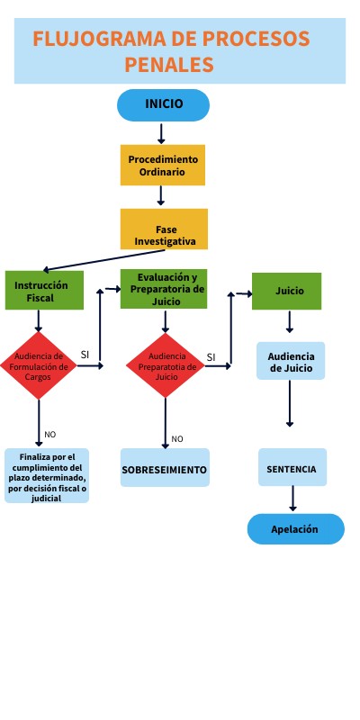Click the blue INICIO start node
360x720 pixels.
[163, 104]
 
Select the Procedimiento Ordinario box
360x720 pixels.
[163, 165]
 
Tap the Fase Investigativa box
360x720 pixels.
[164, 229]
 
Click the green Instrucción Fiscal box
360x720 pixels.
[44, 291]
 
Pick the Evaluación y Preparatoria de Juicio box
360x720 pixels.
[166, 289]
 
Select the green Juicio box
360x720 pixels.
[286, 291]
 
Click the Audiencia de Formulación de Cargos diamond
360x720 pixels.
[38, 366]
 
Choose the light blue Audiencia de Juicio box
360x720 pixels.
[291, 362]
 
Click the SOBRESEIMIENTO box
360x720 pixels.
[165, 469]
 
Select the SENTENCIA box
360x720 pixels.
[292, 468]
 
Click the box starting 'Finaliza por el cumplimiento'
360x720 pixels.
[47, 476]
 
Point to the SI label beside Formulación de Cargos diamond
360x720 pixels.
[85, 355]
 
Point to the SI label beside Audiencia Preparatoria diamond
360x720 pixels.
[211, 357]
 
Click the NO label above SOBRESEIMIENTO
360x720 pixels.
[177, 439]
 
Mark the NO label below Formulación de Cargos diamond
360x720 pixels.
[49, 435]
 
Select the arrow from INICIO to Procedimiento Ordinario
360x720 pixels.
[162, 133]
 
